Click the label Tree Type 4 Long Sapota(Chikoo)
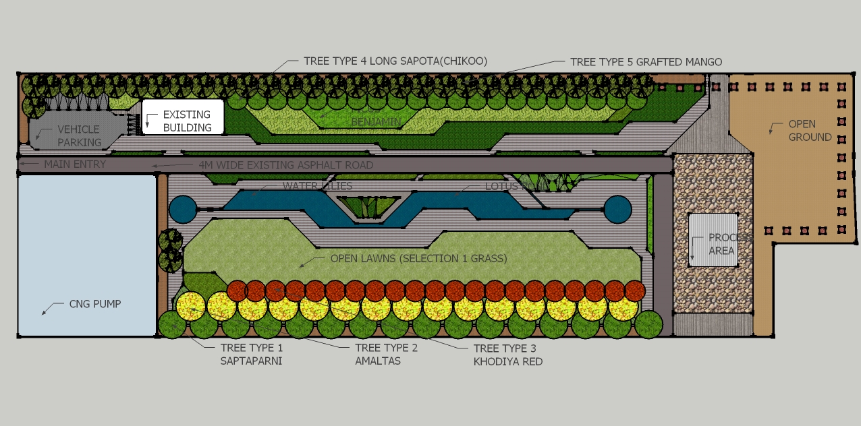click(395, 61)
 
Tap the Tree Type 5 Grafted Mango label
click(646, 62)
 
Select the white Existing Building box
click(182, 117)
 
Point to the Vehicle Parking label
click(79, 135)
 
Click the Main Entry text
click(75, 164)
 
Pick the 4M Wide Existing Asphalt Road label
click(286, 165)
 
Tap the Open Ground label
click(810, 131)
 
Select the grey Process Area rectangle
click(713, 239)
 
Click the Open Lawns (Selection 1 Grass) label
click(418, 259)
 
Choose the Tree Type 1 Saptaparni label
click(252, 355)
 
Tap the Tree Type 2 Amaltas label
click(387, 355)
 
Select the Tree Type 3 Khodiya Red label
click(507, 355)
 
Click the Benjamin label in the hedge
click(376, 122)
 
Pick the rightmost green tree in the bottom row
click(648, 324)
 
